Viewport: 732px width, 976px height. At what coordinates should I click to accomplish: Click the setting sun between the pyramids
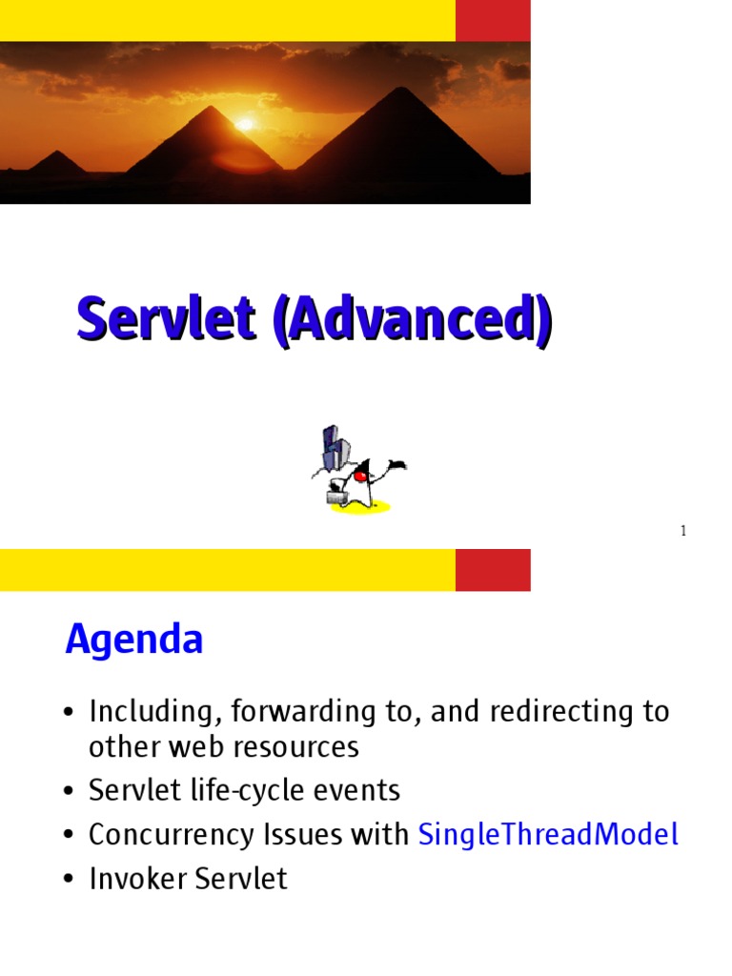pos(246,124)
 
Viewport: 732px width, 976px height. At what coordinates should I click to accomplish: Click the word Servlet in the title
pos(166,320)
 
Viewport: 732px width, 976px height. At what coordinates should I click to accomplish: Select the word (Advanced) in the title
pos(411,320)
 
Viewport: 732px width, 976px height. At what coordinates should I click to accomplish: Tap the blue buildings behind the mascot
pos(333,449)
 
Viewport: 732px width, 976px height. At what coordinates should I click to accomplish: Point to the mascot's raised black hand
pos(396,466)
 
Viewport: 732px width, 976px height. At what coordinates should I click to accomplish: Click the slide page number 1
pos(683,531)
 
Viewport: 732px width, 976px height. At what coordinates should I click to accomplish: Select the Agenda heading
pos(134,640)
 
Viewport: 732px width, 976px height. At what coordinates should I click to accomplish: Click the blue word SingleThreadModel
pos(548,835)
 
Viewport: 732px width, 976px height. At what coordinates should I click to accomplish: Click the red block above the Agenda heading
pos(493,570)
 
